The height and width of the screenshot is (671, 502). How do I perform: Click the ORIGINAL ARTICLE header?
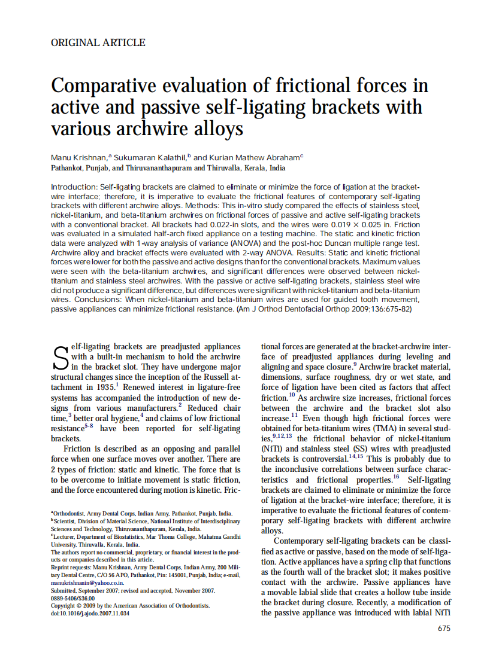tap(98, 42)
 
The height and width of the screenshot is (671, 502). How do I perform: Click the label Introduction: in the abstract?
tap(74, 187)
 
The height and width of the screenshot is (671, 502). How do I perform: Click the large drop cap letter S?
tap(61, 357)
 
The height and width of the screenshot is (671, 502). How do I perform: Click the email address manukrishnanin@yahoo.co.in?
tap(87, 582)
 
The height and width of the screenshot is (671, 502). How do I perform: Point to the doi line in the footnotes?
tap(89, 613)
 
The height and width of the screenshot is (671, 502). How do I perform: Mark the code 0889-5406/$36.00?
tap(72, 597)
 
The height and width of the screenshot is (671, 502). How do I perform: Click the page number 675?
tap(444, 629)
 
